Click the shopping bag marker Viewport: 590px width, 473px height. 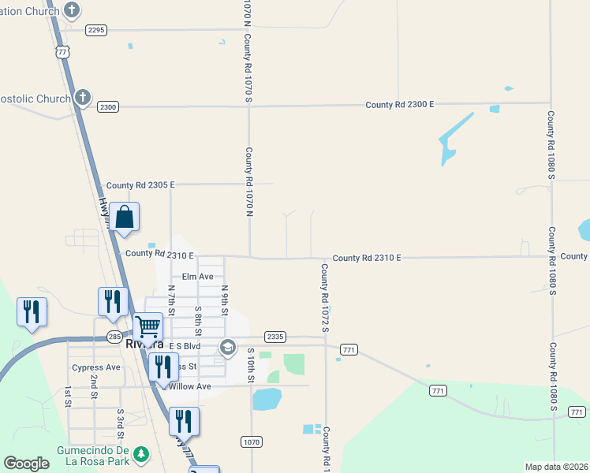125,217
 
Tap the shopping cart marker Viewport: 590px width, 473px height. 147,326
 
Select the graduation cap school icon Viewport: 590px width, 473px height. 228,347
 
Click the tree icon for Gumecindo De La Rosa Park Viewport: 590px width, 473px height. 141,454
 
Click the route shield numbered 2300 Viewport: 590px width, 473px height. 107,106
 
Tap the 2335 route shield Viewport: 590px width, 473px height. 274,337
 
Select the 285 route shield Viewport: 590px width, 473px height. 114,337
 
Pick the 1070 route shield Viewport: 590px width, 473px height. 251,442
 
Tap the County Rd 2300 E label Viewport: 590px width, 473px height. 400,104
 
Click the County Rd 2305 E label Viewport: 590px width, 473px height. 140,184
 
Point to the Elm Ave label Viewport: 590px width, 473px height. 198,277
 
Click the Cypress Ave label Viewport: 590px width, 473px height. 96,367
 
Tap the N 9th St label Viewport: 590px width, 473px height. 224,300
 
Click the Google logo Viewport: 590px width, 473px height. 27,464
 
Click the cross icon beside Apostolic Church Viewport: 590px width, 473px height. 82,98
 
